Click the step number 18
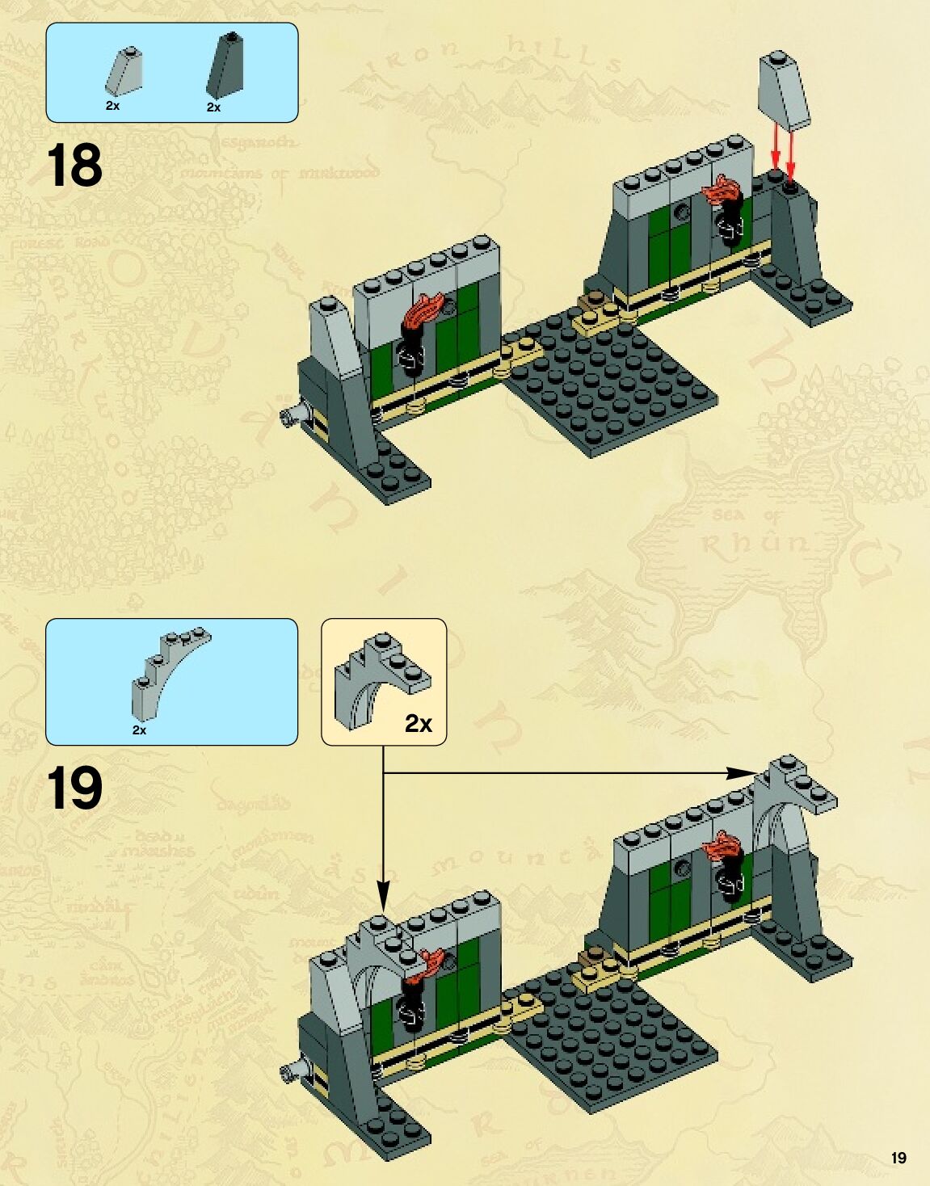click(x=74, y=166)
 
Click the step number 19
click(x=74, y=789)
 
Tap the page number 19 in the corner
click(x=898, y=1158)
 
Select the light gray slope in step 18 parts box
click(x=124, y=70)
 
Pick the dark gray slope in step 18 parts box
click(x=226, y=66)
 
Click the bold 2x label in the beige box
click(x=419, y=724)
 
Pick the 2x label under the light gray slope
click(x=112, y=106)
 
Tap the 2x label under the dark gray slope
click(x=213, y=107)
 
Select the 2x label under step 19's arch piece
click(x=139, y=730)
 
